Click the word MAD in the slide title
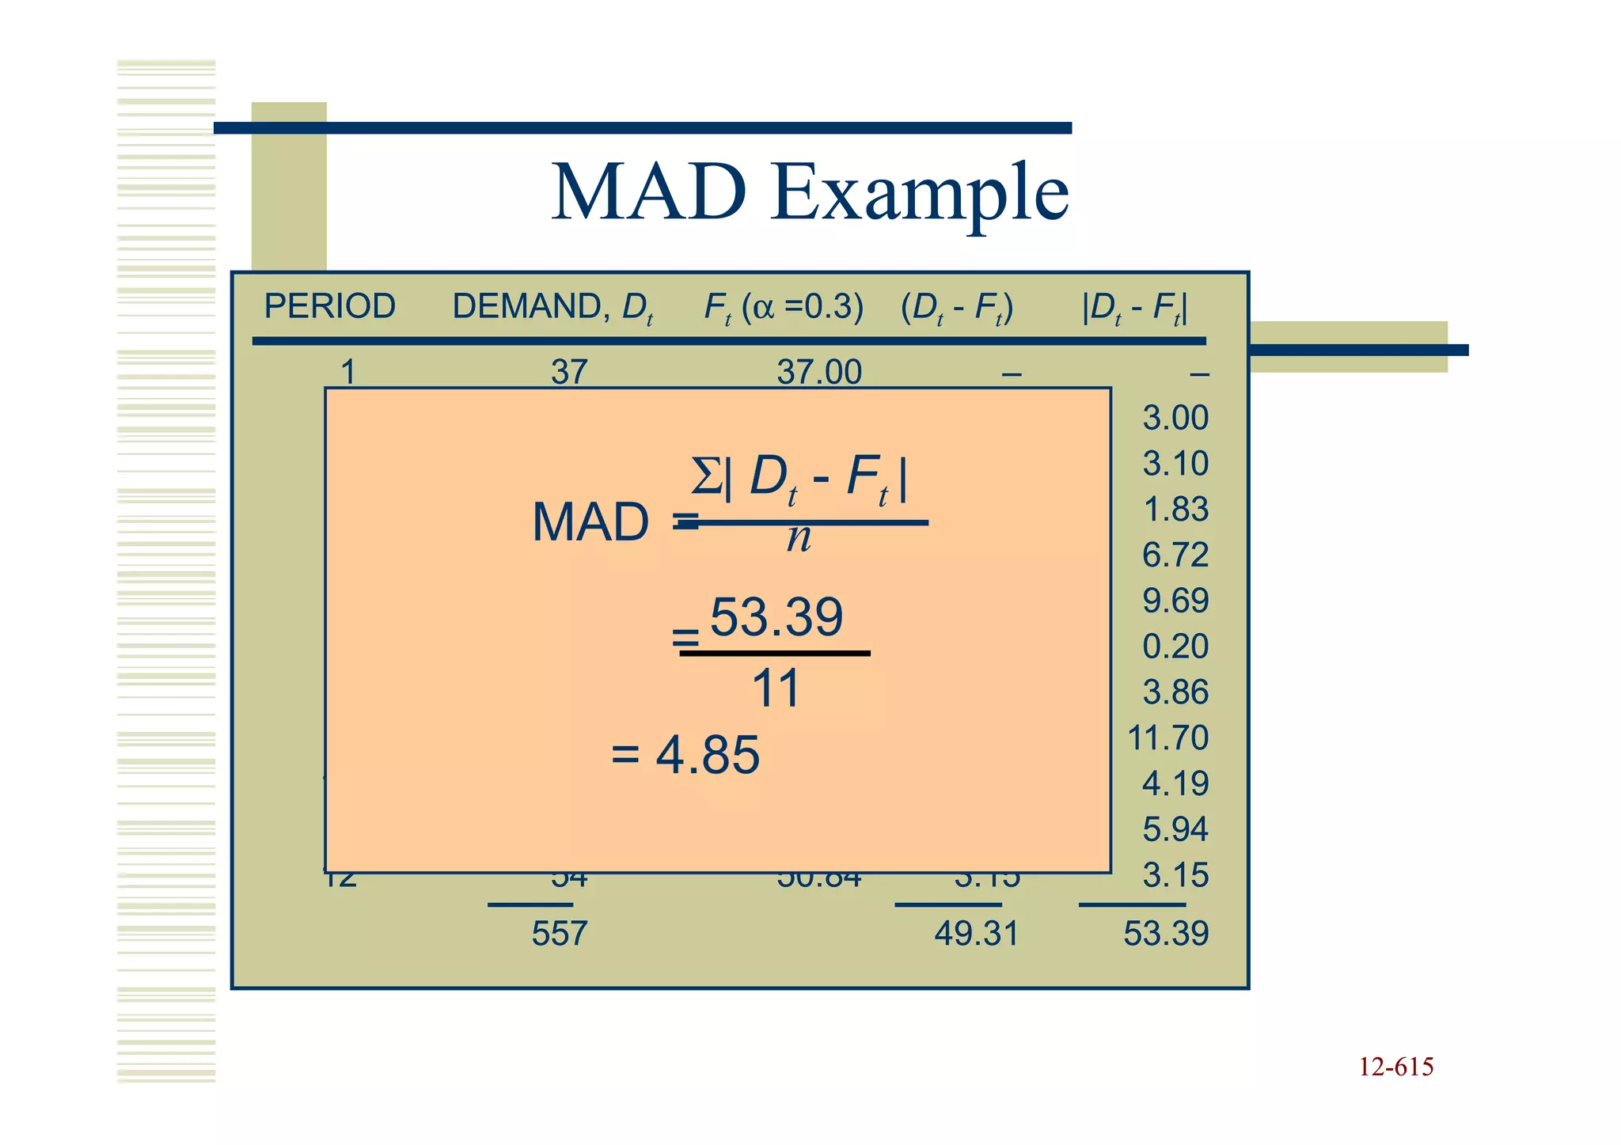[x=648, y=192]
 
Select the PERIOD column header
[x=329, y=306]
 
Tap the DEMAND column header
[x=552, y=307]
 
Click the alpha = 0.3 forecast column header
[x=784, y=307]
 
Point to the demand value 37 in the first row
[x=569, y=372]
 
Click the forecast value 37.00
[x=819, y=372]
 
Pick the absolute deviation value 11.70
[x=1167, y=738]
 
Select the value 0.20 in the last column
[x=1175, y=646]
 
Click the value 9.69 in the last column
[x=1175, y=601]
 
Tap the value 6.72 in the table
[x=1175, y=555]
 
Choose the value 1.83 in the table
[x=1176, y=509]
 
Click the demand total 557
[x=560, y=934]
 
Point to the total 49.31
[x=976, y=934]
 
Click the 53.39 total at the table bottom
[x=1166, y=934]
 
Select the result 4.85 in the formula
[x=707, y=755]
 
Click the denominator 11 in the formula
[x=776, y=688]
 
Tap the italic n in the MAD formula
[x=799, y=538]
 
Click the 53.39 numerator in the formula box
[x=776, y=617]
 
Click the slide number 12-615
[x=1396, y=1067]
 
